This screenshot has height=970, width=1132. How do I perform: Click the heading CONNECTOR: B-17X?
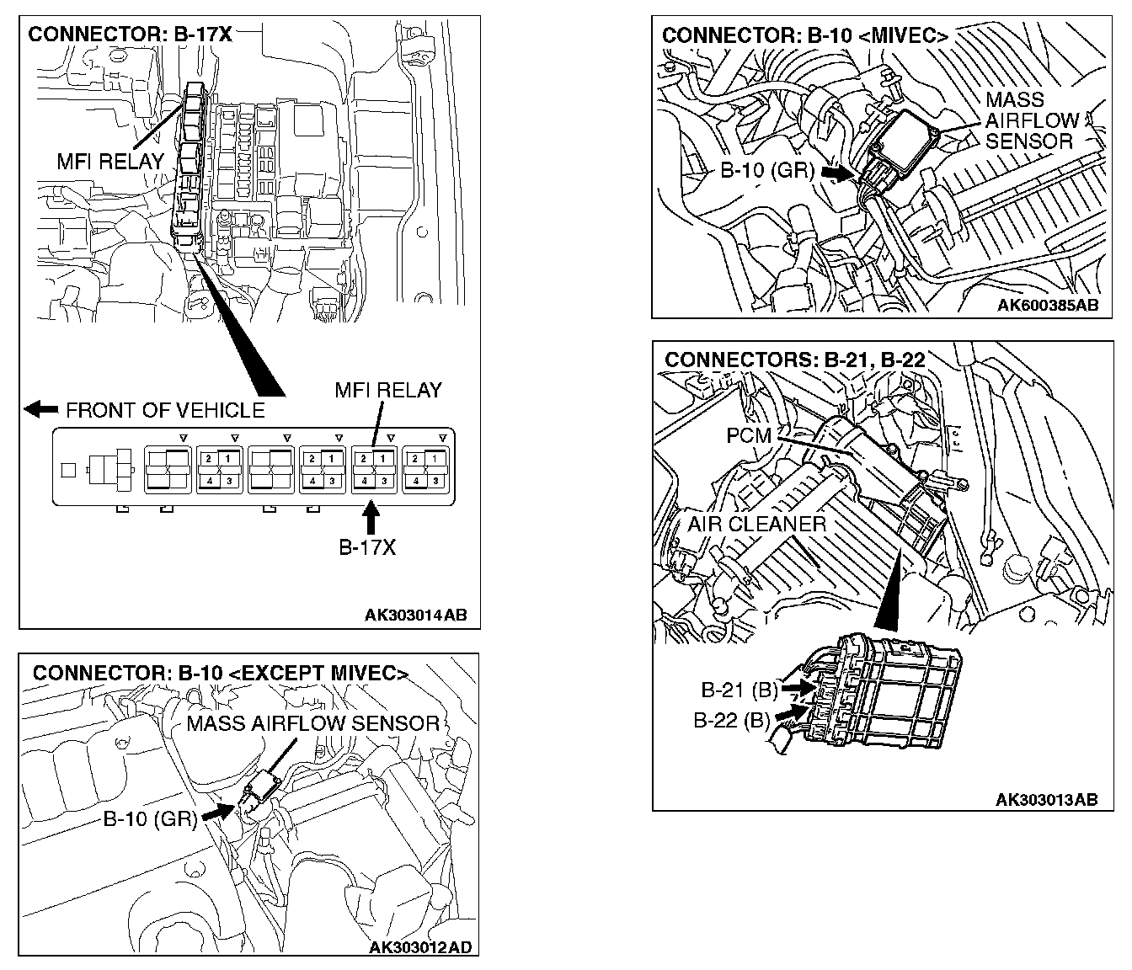click(130, 35)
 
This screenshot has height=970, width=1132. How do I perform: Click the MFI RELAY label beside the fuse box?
click(110, 161)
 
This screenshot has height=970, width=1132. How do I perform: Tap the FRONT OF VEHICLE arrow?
click(40, 409)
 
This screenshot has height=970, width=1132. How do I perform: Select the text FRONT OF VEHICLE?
click(165, 410)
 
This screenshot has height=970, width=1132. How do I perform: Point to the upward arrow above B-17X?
click(369, 515)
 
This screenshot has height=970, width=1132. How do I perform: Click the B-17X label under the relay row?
click(367, 547)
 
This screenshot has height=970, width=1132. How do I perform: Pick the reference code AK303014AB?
click(415, 615)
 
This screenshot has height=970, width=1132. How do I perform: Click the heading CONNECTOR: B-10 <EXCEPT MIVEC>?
click(221, 673)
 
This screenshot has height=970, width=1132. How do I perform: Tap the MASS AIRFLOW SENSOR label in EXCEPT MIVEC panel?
click(313, 723)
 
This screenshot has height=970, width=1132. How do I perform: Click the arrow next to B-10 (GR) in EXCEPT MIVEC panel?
click(218, 812)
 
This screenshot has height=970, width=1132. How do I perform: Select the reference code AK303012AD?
click(421, 947)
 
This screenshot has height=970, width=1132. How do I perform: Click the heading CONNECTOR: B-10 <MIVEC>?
click(805, 35)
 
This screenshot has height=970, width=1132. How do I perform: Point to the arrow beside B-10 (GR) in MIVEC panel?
click(838, 171)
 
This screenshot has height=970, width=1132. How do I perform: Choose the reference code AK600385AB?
click(1048, 305)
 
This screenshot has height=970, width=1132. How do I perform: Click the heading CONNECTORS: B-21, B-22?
click(795, 360)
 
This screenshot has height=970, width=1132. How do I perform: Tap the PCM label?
click(749, 436)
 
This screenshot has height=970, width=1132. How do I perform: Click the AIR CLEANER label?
click(756, 524)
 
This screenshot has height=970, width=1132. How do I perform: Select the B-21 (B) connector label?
click(740, 690)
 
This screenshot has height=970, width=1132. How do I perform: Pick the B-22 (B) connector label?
click(732, 721)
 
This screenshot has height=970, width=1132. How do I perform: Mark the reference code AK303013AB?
click(1046, 799)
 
